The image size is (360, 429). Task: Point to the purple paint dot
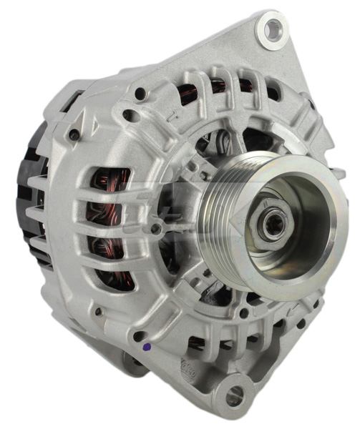click(147, 347)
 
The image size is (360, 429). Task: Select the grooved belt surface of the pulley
click(236, 214)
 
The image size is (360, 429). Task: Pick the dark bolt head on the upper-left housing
click(74, 134)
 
